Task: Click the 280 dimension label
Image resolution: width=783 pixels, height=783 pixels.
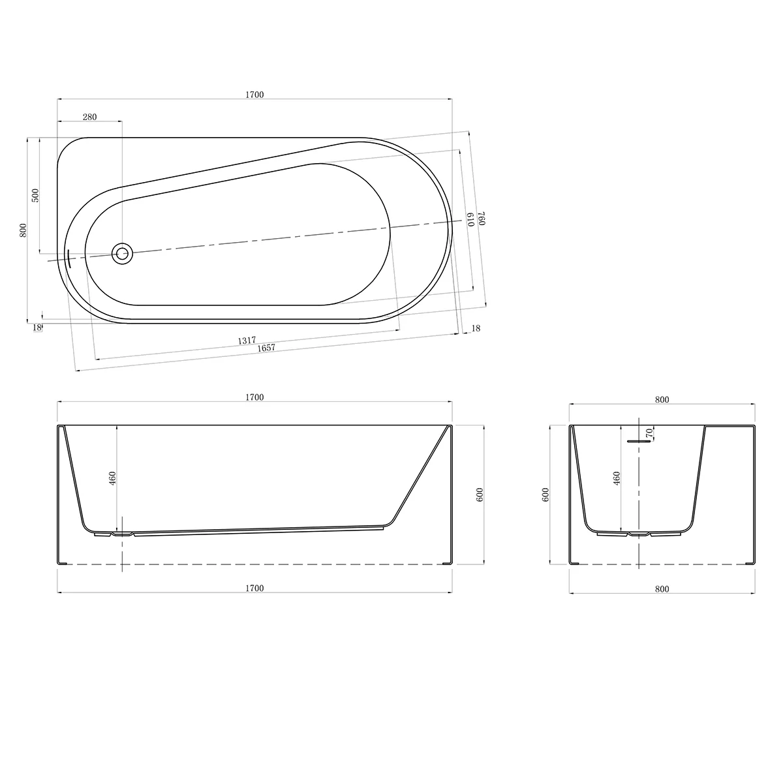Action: (90, 117)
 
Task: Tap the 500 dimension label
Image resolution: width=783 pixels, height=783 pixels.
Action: (35, 196)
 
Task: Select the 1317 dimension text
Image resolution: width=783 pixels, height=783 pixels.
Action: (247, 340)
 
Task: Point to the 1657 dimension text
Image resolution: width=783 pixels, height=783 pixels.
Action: (266, 348)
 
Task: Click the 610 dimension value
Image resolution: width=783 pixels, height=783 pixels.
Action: (471, 219)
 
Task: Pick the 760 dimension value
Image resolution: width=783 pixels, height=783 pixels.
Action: (482, 218)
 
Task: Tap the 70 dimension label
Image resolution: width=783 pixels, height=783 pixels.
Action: (650, 433)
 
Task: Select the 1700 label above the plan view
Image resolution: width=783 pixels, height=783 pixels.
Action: (254, 95)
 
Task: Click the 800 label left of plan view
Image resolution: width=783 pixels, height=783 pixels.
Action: (23, 230)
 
